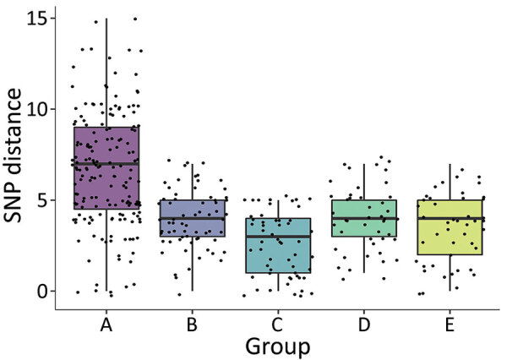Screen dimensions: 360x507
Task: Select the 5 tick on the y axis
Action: coord(42,200)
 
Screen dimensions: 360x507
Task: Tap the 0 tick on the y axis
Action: coord(42,292)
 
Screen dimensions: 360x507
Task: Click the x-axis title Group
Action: coord(278,345)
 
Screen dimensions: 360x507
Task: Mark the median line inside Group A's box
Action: coord(106,163)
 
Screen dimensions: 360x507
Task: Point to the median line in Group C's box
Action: coord(277,237)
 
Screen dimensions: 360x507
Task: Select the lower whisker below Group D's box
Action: coord(363,254)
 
